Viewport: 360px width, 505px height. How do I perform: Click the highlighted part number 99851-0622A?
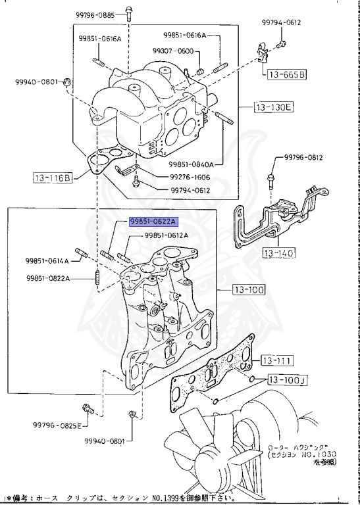(153, 222)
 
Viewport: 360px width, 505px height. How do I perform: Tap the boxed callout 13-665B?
(286, 75)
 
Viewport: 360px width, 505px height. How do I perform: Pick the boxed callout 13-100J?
(288, 380)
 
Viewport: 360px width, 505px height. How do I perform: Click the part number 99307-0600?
(172, 51)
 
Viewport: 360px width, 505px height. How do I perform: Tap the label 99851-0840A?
(195, 164)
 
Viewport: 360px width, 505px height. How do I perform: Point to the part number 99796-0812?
(304, 158)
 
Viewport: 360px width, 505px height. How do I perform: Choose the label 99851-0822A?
(47, 278)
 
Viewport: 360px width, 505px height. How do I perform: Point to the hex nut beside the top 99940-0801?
(67, 82)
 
